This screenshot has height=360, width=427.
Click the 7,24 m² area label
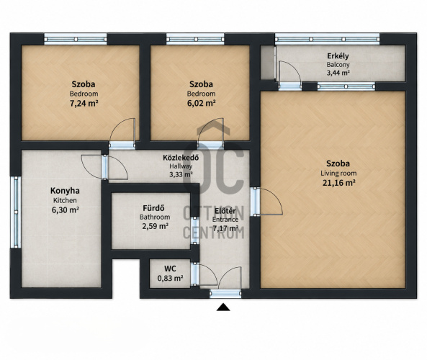point(84,104)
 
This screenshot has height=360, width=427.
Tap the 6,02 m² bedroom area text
point(201,104)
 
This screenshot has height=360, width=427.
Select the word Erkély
point(338,56)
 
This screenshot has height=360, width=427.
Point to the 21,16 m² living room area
point(338,183)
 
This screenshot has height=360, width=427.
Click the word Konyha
point(65,191)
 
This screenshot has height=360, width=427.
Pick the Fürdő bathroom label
point(154,208)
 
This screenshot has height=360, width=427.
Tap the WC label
point(170,269)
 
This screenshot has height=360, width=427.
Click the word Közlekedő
point(181,158)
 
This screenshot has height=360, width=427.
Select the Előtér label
point(225,211)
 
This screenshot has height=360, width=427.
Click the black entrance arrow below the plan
point(223,307)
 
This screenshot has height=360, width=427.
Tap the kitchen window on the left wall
point(16,212)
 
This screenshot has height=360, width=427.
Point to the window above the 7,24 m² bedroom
point(76,39)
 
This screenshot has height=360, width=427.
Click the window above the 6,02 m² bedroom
point(195,39)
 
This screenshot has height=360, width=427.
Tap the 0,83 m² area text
point(170,278)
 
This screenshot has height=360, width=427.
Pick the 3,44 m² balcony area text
point(338,73)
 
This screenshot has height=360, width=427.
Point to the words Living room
point(338,174)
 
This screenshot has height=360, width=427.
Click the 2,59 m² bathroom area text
point(155,226)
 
